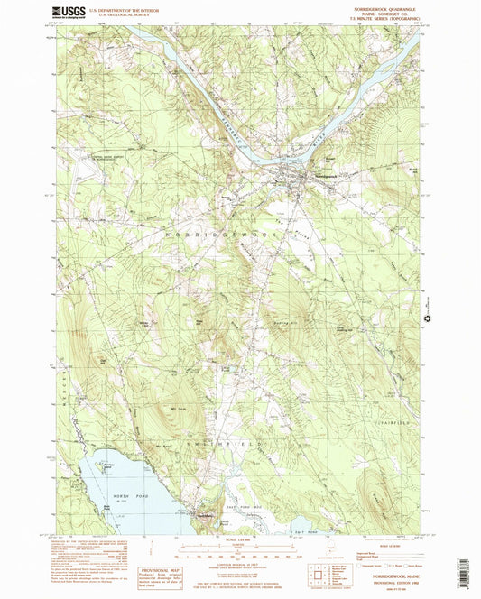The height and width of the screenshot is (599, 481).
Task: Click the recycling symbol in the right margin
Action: (x=426, y=319)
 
